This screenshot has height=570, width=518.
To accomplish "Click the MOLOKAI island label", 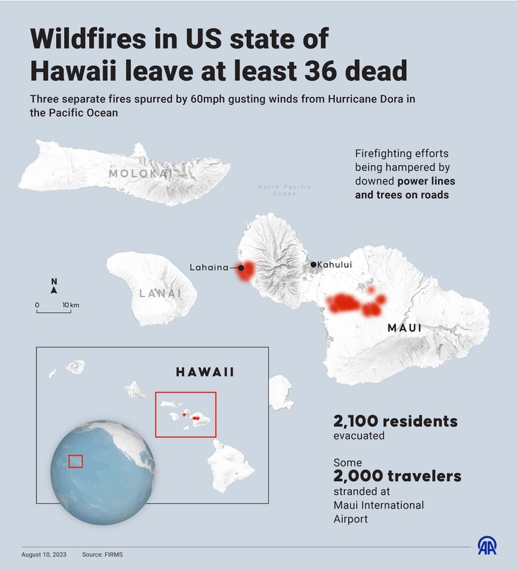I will click(140, 174).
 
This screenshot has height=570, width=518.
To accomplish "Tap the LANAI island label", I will click(161, 293).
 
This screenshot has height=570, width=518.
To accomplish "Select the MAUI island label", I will click(405, 328).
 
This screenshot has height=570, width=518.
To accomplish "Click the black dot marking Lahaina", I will click(240, 267).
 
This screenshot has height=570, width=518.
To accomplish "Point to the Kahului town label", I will click(335, 265).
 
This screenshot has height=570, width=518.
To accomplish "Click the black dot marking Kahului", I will click(313, 265).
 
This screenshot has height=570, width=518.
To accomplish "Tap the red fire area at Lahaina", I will click(247, 271).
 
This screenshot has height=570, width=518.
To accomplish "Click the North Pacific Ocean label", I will click(284, 190).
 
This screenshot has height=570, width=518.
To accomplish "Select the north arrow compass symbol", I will click(54, 287).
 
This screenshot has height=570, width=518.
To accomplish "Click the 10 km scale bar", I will click(54, 311).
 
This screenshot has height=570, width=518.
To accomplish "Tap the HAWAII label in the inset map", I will click(205, 372).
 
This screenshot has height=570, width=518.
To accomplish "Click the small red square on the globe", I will click(76, 461).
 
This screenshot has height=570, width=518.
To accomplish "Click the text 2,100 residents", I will click(395, 422).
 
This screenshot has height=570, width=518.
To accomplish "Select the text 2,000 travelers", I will click(397, 476).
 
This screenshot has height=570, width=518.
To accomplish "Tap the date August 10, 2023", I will click(44, 555).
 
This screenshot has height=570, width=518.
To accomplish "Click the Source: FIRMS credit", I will click(103, 555).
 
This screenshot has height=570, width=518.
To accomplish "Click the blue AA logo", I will click(487, 546).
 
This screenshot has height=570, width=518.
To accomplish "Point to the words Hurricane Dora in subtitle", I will click(370, 99).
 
